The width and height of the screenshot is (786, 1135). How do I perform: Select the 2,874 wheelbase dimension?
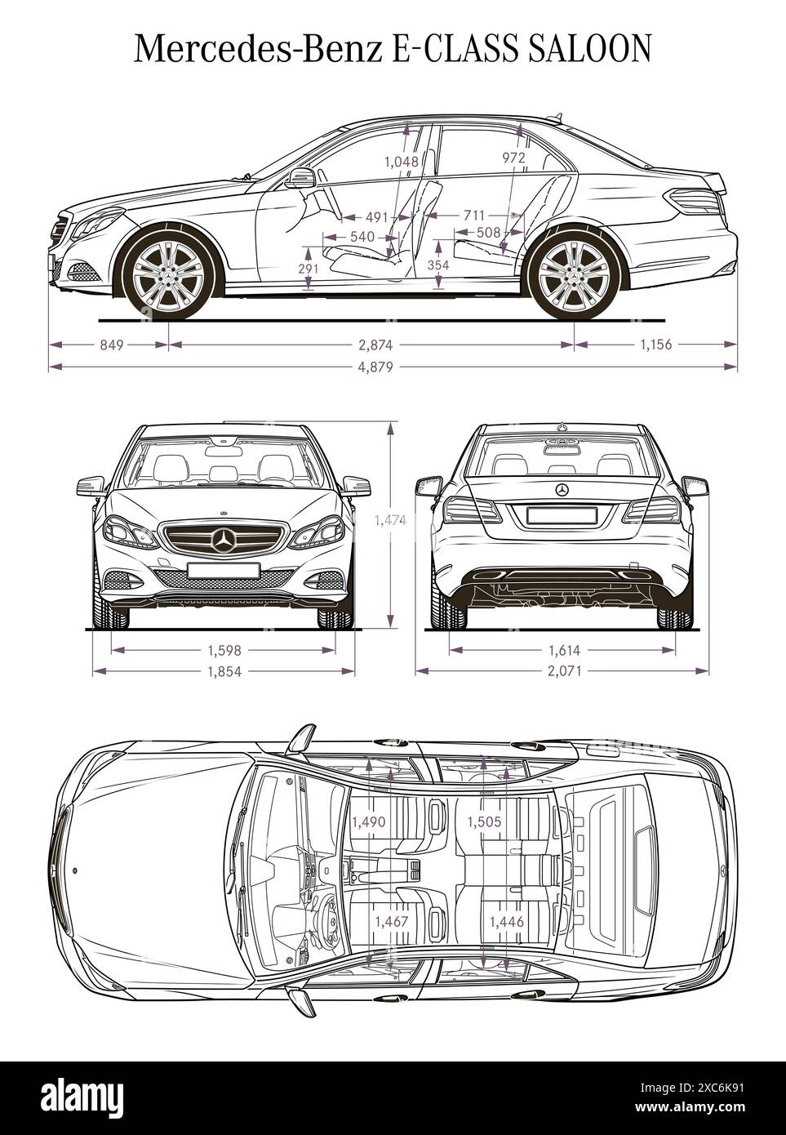coord(372,345)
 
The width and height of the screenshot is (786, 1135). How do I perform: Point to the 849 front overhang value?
coord(111,345)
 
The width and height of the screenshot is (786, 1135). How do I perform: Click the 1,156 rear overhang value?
coord(655,345)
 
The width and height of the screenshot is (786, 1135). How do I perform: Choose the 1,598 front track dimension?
coord(224,651)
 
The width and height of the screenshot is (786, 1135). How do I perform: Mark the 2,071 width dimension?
coord(563,671)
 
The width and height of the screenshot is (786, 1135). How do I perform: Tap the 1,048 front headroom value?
coord(401,162)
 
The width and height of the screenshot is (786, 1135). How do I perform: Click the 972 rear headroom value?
coord(513,158)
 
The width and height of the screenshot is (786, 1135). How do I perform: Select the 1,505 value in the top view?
coord(483,822)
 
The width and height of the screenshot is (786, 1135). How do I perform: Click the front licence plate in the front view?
coord(223,570)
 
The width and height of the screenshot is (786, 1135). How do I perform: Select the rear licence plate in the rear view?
coord(561,515)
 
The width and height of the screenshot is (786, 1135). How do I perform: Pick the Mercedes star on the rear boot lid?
coord(562,489)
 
